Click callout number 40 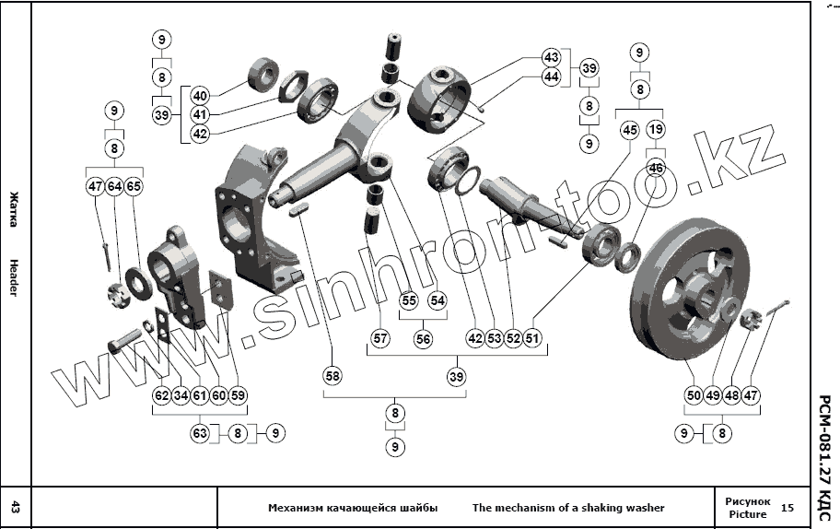pos(201,95)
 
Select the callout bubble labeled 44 pos(551,76)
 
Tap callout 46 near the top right pos(656,168)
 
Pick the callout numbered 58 pos(332,376)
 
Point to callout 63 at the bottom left pos(200,431)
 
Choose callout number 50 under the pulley pos(694,395)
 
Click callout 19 pos(656,130)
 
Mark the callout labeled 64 pos(114,186)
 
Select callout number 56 pos(423,339)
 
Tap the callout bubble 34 pos(181,395)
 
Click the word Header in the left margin pos(14,277)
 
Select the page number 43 pos(15,507)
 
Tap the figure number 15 pos(787,508)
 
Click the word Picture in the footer pos(746,514)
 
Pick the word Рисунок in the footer pos(747,500)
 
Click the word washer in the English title pos(644,508)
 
